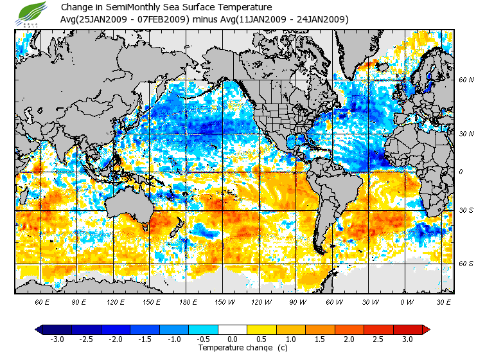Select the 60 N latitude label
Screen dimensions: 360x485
point(466,80)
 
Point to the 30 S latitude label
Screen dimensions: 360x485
point(466,211)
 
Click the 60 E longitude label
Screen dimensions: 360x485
point(42,301)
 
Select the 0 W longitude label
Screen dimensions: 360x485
point(407,301)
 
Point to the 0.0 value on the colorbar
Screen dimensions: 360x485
point(232,339)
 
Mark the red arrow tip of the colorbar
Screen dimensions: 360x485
point(426,329)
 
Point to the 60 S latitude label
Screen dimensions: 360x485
point(466,264)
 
